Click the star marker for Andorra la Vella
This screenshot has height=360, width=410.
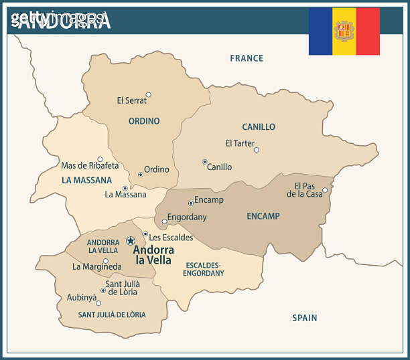(x=131, y=240)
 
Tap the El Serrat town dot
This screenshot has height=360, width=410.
(x=148, y=95)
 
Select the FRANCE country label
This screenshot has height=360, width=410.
(x=247, y=58)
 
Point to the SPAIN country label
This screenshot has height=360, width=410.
(x=304, y=318)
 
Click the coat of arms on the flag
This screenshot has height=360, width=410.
(x=344, y=31)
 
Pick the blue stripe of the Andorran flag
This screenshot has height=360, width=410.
(x=320, y=31)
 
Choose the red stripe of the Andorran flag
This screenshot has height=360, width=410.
(x=368, y=31)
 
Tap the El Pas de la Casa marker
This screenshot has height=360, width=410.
(x=325, y=190)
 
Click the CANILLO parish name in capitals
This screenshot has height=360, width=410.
(x=259, y=126)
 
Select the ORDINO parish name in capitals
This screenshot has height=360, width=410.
(x=144, y=121)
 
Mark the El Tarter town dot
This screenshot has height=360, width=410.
(x=256, y=150)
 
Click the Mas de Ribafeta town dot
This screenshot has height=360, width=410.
(x=100, y=159)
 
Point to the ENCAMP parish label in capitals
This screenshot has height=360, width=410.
(x=263, y=216)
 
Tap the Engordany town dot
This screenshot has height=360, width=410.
(x=165, y=221)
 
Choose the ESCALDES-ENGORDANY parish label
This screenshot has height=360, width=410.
(x=203, y=268)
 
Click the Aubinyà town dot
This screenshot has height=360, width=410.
(x=98, y=303)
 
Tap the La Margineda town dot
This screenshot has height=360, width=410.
(x=105, y=261)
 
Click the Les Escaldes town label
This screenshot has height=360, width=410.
(x=171, y=238)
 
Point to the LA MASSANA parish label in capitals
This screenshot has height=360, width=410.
(x=86, y=180)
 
